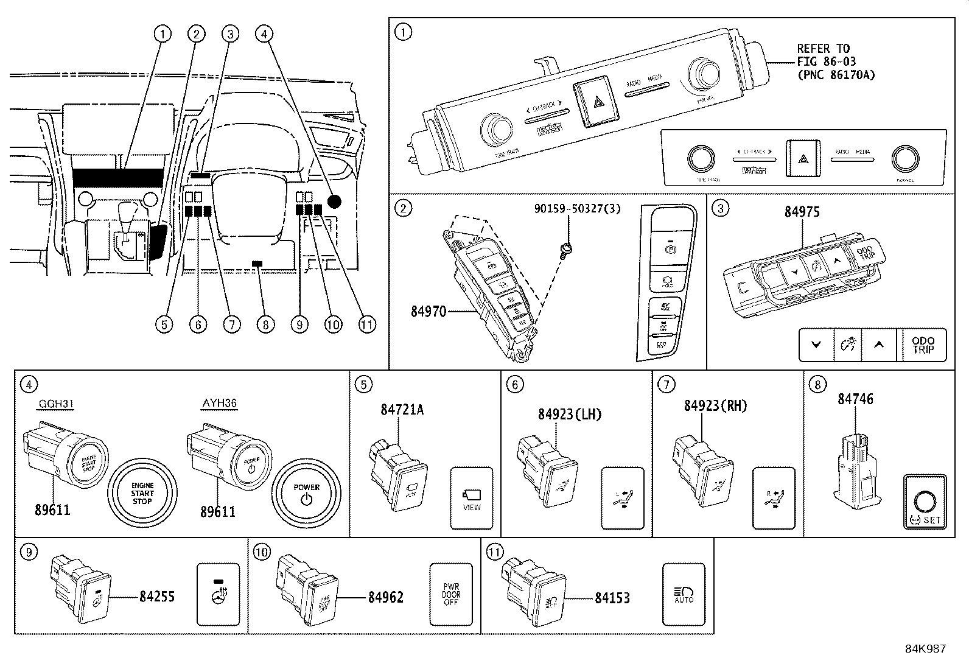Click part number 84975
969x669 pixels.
click(x=802, y=212)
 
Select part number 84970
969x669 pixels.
click(x=429, y=312)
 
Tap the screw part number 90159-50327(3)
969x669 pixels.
click(x=578, y=209)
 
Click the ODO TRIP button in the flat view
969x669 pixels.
click(x=923, y=345)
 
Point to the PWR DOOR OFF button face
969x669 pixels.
click(x=451, y=594)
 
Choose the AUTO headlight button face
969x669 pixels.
click(x=684, y=594)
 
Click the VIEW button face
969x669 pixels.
click(x=472, y=498)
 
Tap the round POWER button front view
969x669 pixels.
click(x=306, y=492)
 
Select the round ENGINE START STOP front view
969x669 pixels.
click(x=142, y=492)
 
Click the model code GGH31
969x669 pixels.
click(x=56, y=404)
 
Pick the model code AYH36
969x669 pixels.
click(x=219, y=404)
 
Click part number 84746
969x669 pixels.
click(x=855, y=399)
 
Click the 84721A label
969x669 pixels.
click(x=402, y=410)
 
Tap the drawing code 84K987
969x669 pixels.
click(x=925, y=649)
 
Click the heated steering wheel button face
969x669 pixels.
click(x=218, y=594)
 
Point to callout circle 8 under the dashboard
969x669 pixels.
click(x=265, y=324)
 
